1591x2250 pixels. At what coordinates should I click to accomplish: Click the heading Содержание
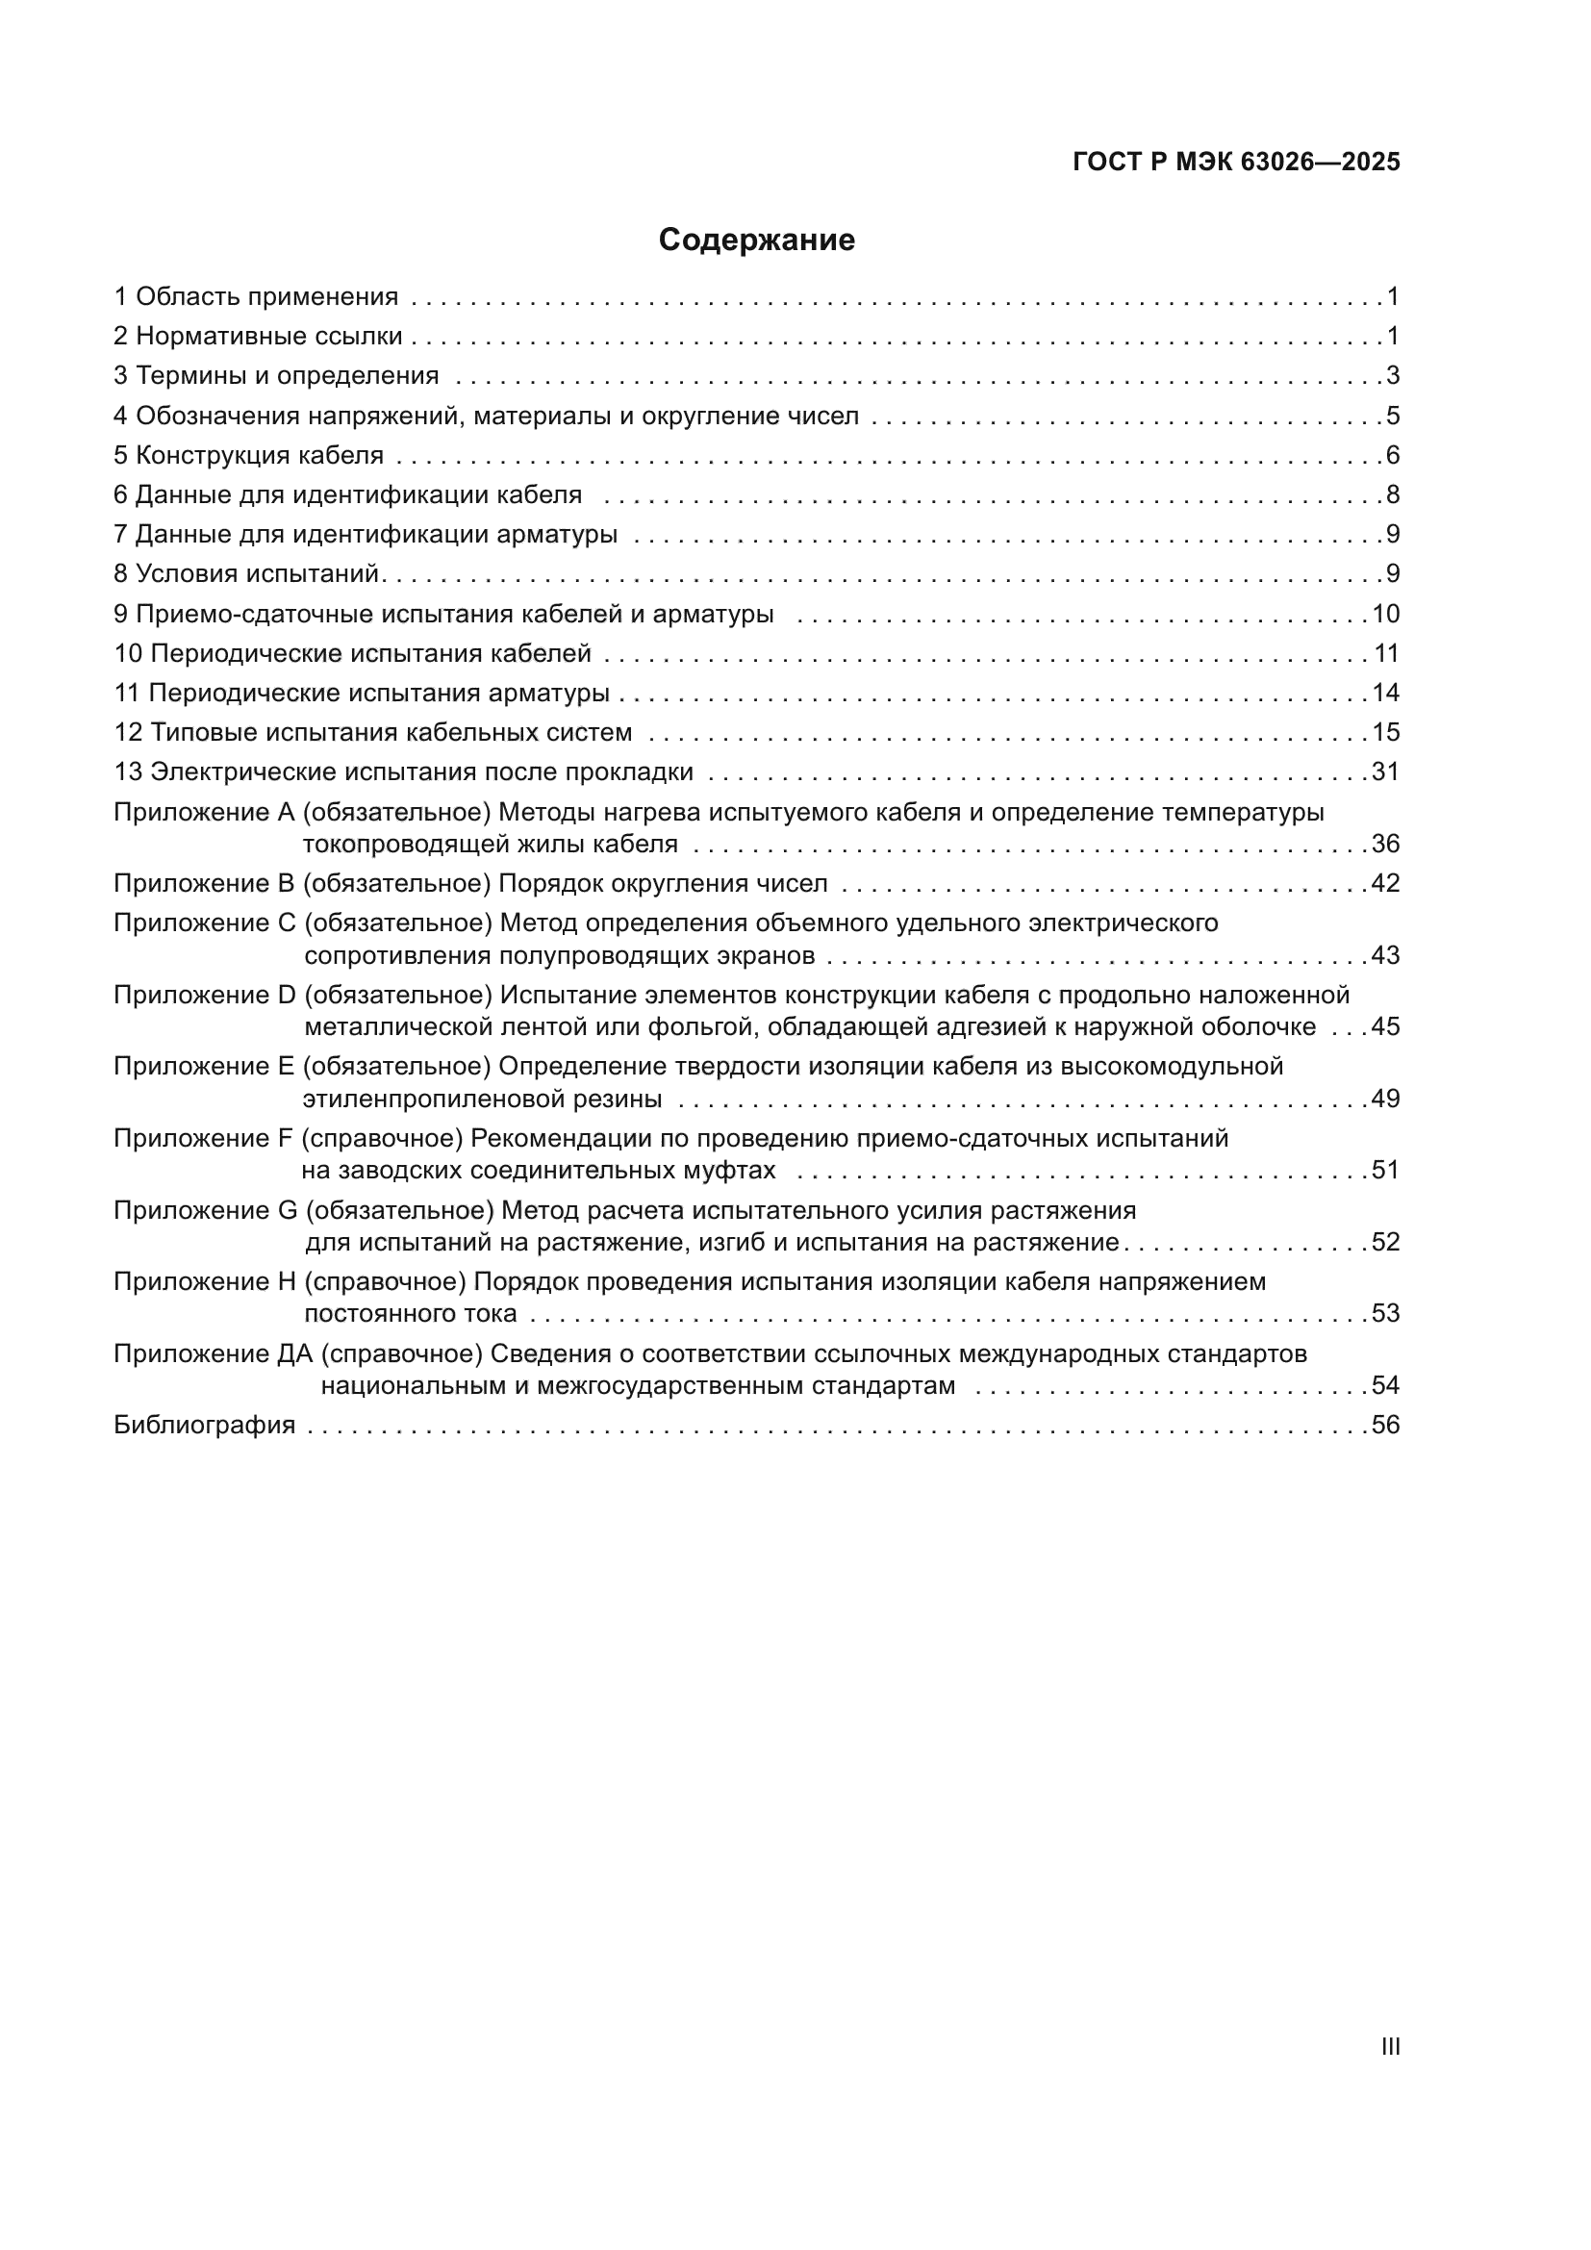tap(756, 240)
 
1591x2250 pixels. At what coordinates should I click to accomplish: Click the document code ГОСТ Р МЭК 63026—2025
tap(1236, 162)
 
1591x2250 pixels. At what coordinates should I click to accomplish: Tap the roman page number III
tap(1389, 2046)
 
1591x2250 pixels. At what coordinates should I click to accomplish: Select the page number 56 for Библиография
tap(1385, 1425)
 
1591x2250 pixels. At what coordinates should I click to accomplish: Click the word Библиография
tap(204, 1425)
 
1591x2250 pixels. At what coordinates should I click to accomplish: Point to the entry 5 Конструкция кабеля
tap(249, 456)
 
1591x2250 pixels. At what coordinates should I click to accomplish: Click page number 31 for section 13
tap(1385, 772)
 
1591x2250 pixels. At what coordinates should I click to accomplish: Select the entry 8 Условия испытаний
tap(247, 574)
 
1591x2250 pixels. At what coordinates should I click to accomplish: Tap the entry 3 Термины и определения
tap(276, 376)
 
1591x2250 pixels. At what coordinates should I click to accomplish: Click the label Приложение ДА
tap(213, 1354)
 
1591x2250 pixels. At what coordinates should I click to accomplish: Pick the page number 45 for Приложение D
tap(1385, 1027)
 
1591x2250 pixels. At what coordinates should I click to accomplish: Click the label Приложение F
tap(204, 1139)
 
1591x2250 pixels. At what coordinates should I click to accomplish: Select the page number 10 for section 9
tap(1385, 615)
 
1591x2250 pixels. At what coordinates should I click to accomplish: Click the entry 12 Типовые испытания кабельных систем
tap(372, 733)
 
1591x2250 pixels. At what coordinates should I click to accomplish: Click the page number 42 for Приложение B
tap(1385, 884)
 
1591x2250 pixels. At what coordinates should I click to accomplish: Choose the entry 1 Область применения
tap(256, 297)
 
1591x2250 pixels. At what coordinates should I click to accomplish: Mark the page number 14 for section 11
tap(1385, 694)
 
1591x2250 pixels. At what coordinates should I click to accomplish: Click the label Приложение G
tap(205, 1211)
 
